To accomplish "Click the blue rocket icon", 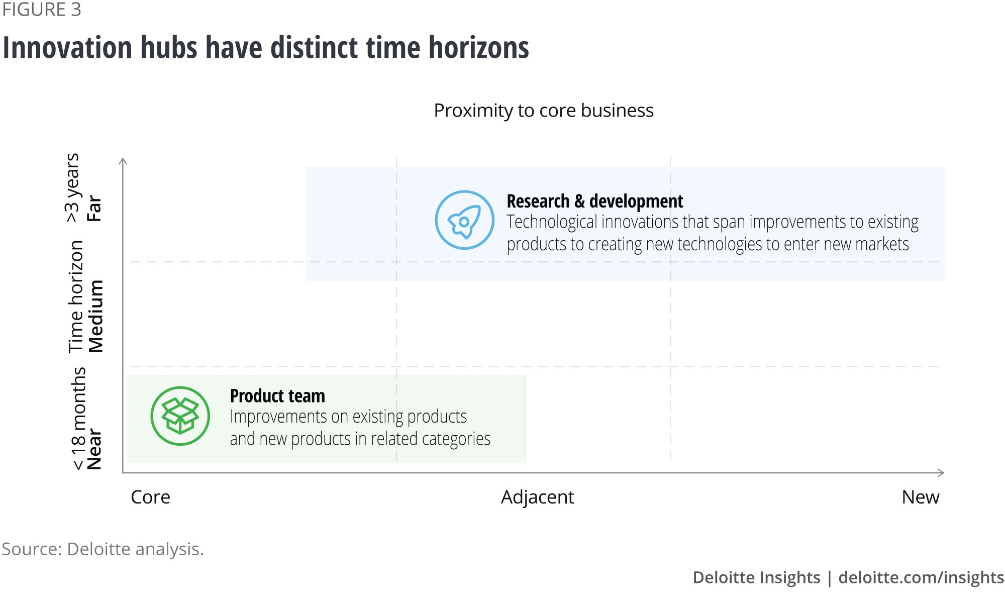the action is (x=464, y=220).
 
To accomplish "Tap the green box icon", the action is (x=180, y=416).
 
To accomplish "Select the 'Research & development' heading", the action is (x=594, y=201).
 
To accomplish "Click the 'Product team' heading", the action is (x=277, y=396).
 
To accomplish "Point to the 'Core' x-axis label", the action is (x=150, y=497).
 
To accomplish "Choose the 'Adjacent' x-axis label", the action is (x=537, y=497).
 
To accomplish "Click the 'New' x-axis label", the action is (x=920, y=497).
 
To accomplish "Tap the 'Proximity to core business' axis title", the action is (x=544, y=111).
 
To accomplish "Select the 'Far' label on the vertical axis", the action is (x=94, y=209).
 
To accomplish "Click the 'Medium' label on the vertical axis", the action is (x=95, y=316).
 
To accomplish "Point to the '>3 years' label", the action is (x=73, y=187).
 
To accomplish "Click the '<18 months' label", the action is (x=78, y=419).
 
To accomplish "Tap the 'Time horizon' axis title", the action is (x=76, y=296).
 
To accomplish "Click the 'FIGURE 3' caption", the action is (x=41, y=10).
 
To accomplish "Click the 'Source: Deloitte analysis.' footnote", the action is (x=103, y=549).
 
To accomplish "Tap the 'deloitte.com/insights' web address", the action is (x=921, y=577).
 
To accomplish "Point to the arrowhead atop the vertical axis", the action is (x=123, y=160).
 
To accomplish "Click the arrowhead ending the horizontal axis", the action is (x=942, y=473).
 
